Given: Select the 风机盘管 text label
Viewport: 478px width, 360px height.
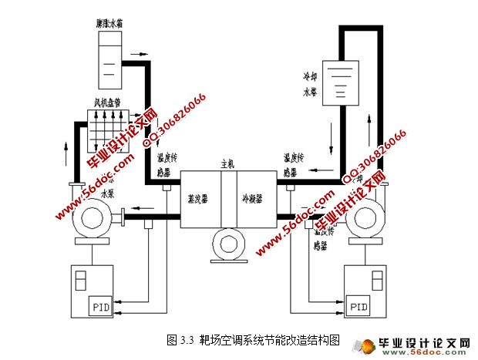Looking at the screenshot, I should point(108,100).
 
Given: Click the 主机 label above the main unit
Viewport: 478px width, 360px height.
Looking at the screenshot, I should point(227,163).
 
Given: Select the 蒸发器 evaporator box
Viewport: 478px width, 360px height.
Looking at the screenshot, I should point(200,197).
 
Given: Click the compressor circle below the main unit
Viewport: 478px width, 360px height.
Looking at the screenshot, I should point(228,245).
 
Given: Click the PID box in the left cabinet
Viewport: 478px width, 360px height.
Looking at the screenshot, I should point(100,308).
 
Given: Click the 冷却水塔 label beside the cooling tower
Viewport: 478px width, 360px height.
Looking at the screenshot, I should point(311,88).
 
